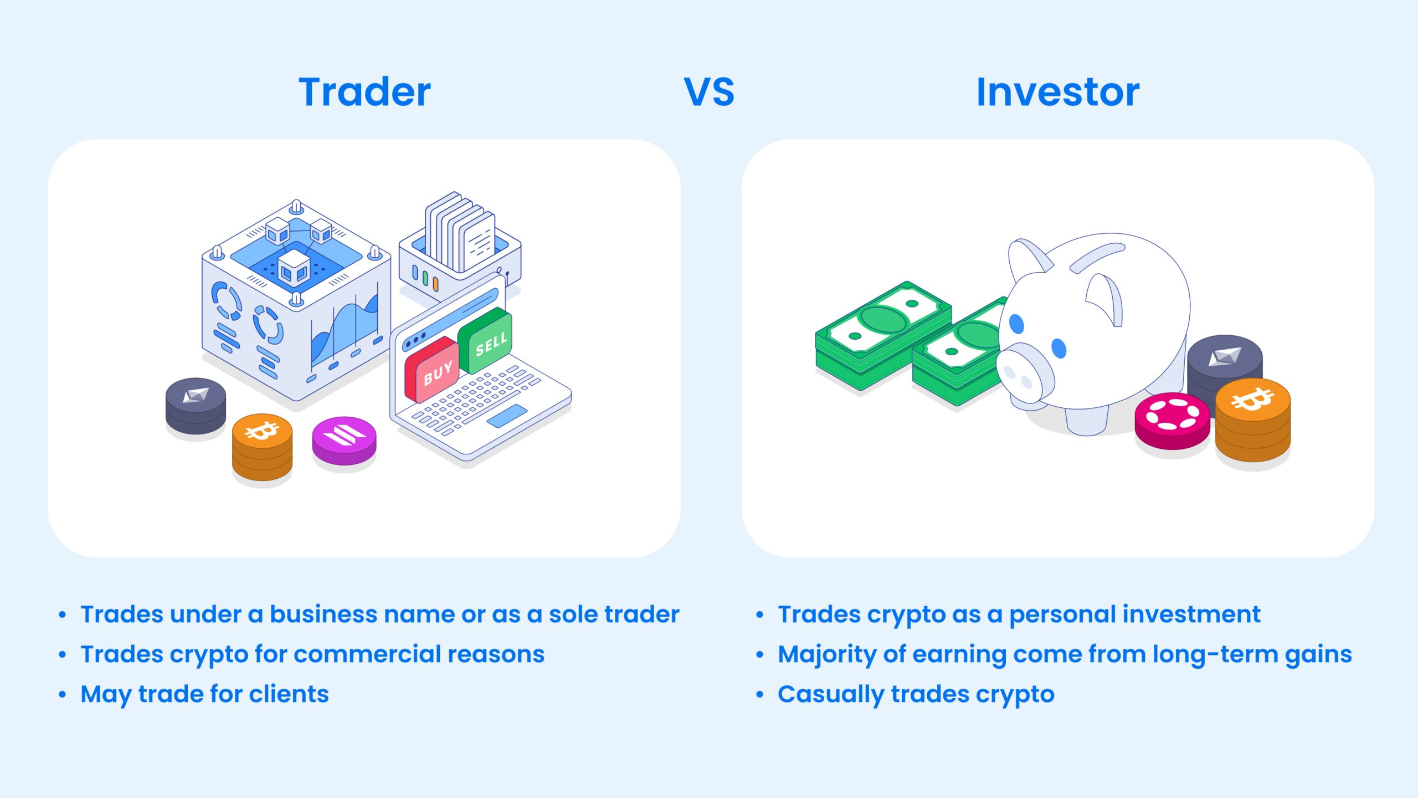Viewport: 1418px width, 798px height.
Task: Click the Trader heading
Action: pos(364,92)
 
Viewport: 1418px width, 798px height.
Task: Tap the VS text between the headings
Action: pos(709,92)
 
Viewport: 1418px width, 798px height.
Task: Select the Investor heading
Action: pos(1057,92)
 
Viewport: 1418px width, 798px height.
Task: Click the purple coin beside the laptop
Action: pos(344,438)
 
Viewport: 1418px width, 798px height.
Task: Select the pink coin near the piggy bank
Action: pos(1172,418)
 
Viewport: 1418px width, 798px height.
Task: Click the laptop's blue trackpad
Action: pos(507,416)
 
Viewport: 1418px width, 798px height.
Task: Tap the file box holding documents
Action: pos(460,249)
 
